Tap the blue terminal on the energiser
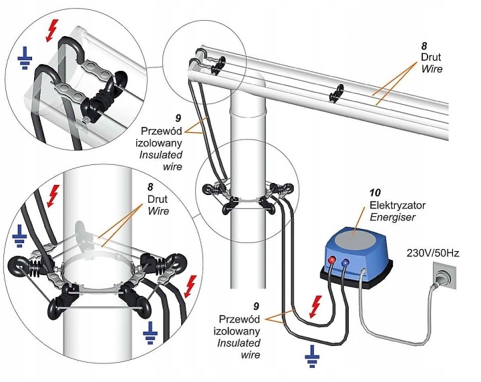tap(344, 264)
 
